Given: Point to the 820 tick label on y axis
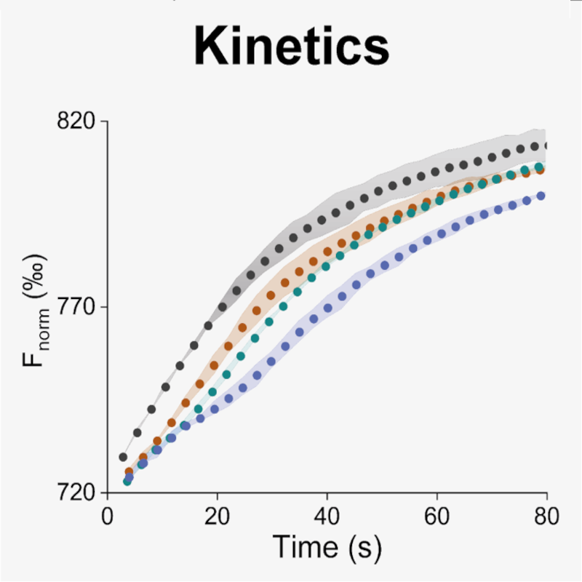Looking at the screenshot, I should [76, 121].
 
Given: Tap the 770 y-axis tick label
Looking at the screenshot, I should [76, 306].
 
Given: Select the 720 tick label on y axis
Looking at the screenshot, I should [76, 492].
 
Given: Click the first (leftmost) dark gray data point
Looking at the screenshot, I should [123, 458].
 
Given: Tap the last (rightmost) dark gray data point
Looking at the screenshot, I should [546, 146].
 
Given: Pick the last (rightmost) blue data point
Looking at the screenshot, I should [541, 195].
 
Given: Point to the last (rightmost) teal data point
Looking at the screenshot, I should [540, 167].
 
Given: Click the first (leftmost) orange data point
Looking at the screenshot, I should [129, 472].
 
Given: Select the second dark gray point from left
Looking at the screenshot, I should [137, 433].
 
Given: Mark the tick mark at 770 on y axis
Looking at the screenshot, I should [103, 306].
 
